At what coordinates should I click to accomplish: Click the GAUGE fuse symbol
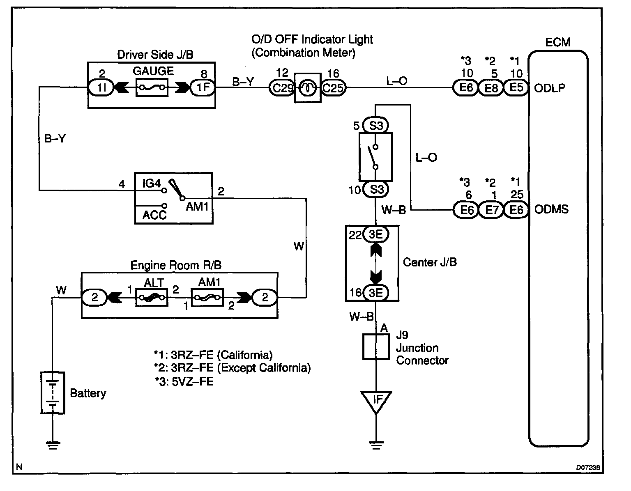coord(152,87)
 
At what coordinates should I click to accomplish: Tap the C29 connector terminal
coord(282,87)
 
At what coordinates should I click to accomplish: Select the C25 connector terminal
coord(333,87)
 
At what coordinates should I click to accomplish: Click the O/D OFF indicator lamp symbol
coord(307,87)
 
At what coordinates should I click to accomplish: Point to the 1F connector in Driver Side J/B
coord(202,87)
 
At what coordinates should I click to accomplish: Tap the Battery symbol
coord(53,393)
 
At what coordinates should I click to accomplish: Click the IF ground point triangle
coord(376,401)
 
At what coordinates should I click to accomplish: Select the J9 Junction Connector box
coord(375,346)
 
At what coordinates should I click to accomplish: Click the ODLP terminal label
coord(549,88)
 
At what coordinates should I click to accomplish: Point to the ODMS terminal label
coord(551,210)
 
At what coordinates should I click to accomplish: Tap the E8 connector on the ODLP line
coord(491,88)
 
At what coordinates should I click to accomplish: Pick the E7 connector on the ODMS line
coord(491,210)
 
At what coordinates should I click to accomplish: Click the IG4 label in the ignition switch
coord(152,184)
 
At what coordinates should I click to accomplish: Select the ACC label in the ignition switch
coord(154,215)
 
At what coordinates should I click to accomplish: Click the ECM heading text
coord(557,42)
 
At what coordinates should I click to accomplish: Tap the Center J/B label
coord(429,262)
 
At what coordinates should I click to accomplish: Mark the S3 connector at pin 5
coord(376,126)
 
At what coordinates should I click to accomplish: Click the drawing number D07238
coord(588,467)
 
